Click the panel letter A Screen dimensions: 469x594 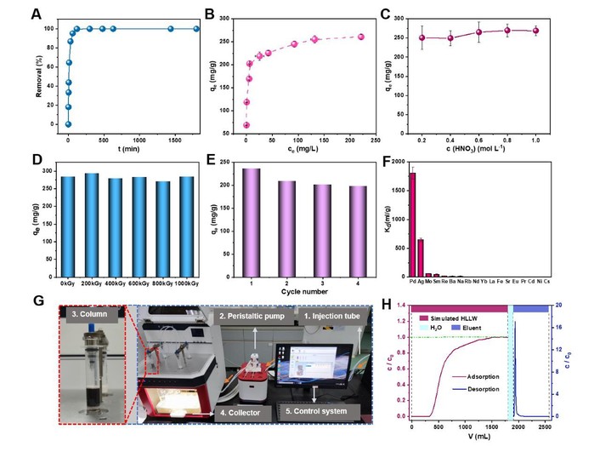point(35,14)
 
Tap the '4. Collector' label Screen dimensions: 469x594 point(242,413)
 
